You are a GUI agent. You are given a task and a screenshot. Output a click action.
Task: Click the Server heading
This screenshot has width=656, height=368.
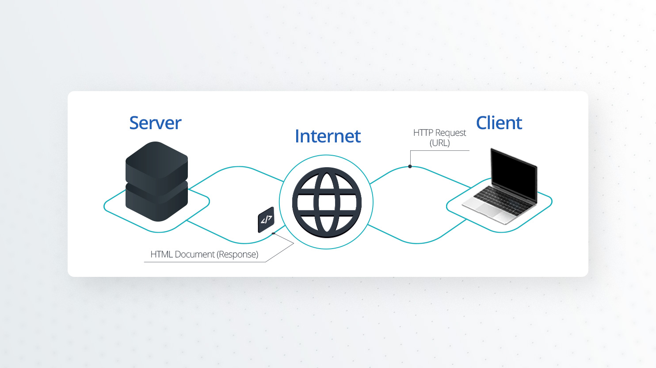click(155, 123)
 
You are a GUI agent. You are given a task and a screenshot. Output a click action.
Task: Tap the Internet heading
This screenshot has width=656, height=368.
click(328, 136)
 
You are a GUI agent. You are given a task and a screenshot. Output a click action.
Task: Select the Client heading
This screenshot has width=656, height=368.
click(499, 123)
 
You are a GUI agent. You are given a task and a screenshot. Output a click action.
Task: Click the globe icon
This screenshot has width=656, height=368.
click(327, 202)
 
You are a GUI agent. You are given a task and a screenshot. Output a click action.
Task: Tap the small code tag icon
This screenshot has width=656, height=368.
click(266, 219)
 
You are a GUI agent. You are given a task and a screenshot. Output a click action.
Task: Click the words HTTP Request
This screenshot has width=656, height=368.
click(439, 133)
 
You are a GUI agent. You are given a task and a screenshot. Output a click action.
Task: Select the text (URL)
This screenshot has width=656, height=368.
click(439, 143)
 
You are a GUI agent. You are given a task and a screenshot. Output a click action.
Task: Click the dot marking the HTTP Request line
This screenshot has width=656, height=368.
click(410, 166)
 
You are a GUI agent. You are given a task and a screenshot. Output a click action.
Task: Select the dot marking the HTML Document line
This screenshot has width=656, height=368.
click(274, 233)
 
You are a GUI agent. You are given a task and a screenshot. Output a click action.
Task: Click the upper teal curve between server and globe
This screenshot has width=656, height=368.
click(239, 167)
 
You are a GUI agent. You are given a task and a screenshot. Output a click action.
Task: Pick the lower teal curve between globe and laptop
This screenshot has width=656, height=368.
click(416, 243)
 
